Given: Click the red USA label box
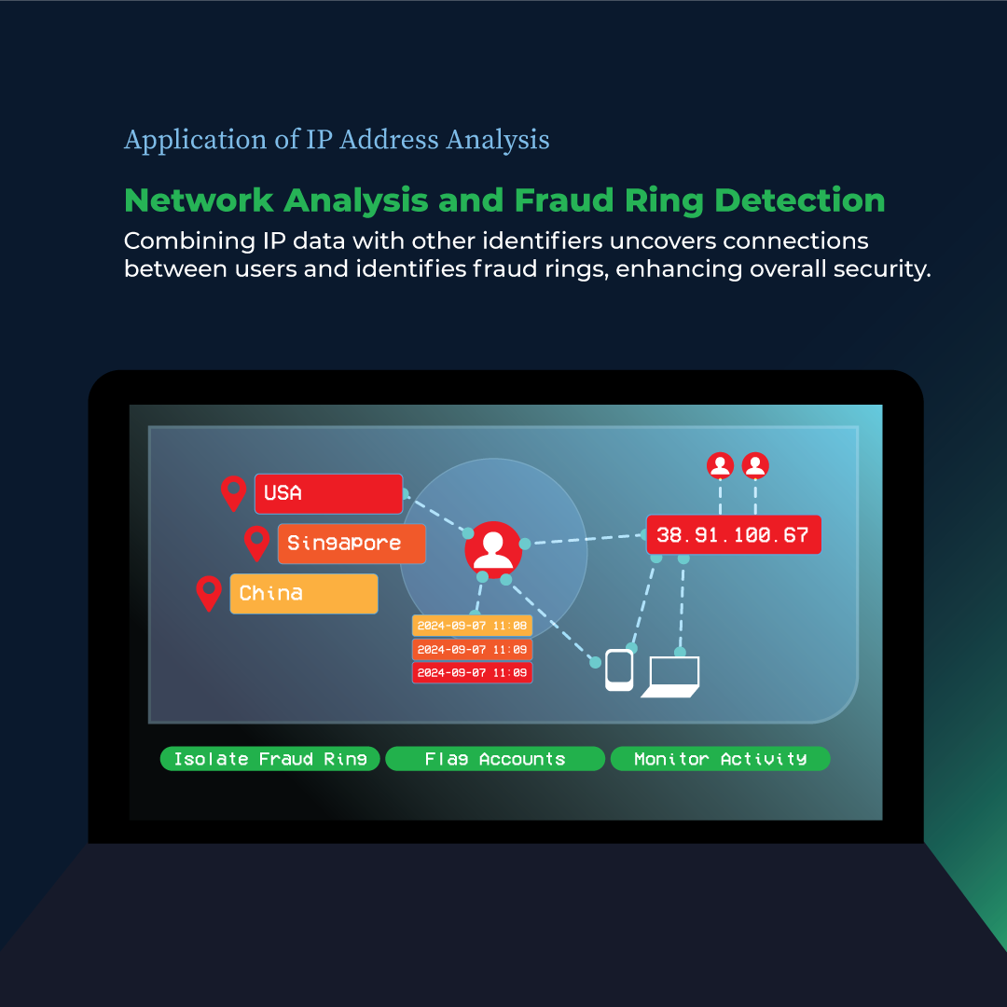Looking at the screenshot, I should pyautogui.click(x=328, y=493).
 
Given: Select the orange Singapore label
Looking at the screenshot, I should pyautogui.click(x=352, y=544).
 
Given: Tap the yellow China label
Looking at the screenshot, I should pyautogui.click(x=304, y=593).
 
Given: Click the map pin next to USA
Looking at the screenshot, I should pyautogui.click(x=233, y=491).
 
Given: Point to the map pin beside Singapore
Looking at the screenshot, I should pyautogui.click(x=256, y=541).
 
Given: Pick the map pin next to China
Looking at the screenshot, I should pyautogui.click(x=210, y=591).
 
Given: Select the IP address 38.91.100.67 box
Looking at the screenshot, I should pyautogui.click(x=733, y=535).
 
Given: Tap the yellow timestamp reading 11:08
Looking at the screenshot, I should pyautogui.click(x=473, y=625).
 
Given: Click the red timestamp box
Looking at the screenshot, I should pyautogui.click(x=473, y=672).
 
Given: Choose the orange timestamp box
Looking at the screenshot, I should pyautogui.click(x=473, y=649).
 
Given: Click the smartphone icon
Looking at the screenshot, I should pyautogui.click(x=619, y=669).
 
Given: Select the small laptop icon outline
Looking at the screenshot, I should pyautogui.click(x=671, y=676).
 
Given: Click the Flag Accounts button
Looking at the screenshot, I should pyautogui.click(x=495, y=759).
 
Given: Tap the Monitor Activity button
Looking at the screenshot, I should pyautogui.click(x=720, y=759).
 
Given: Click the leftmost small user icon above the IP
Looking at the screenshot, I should pyautogui.click(x=720, y=464).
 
